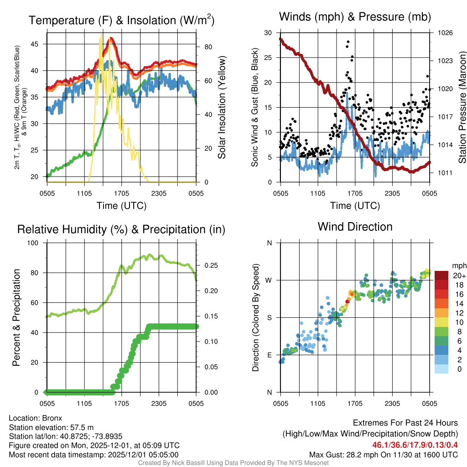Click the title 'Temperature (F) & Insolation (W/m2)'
point(122,20)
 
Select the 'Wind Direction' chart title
point(355,227)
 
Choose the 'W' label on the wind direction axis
point(269,280)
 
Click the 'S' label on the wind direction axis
point(270,317)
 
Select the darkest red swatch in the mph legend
point(442,276)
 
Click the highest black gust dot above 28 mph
point(348,42)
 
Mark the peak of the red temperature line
point(110,39)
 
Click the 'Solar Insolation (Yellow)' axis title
point(222,107)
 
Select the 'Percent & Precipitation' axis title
point(16,317)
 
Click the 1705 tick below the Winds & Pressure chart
point(355,193)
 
